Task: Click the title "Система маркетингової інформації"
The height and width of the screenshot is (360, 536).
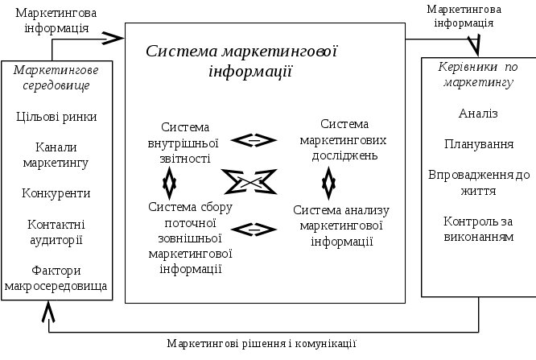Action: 241,61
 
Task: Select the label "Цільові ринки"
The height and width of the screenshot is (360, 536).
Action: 57,116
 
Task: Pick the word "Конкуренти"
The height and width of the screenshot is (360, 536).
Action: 57,193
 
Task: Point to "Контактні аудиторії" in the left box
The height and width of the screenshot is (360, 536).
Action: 56,232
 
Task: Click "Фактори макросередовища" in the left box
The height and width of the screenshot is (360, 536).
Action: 57,278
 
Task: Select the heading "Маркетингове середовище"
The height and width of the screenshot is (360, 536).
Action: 57,77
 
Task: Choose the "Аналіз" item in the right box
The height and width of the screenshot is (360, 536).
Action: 478,114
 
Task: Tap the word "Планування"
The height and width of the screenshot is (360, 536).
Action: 479,143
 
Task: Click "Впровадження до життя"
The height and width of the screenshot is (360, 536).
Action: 479,182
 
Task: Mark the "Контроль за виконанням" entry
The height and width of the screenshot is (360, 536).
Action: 478,229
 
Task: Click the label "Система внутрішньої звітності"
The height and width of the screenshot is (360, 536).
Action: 185,143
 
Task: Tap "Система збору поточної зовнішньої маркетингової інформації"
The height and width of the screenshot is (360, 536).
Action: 190,238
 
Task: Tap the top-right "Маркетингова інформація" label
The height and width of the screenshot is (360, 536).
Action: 464,16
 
